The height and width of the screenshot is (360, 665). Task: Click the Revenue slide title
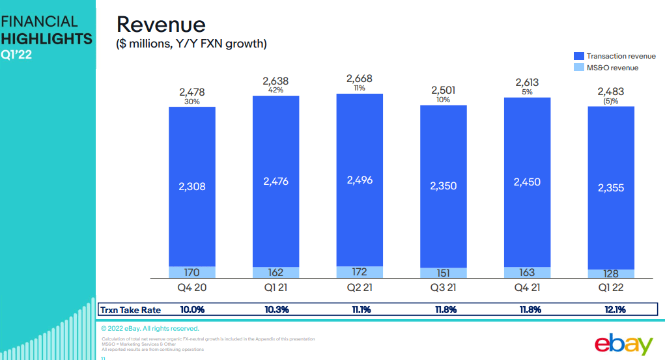click(x=160, y=25)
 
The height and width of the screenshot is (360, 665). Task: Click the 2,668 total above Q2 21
click(x=360, y=79)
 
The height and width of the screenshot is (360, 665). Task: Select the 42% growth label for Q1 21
click(x=276, y=90)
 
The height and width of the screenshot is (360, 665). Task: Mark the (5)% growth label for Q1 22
click(x=611, y=101)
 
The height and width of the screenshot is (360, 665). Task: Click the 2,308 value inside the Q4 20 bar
click(x=191, y=187)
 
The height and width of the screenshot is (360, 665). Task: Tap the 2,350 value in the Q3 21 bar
click(x=443, y=186)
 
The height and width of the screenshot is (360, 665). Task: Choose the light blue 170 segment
click(x=191, y=272)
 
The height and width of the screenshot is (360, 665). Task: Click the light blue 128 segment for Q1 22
click(x=610, y=274)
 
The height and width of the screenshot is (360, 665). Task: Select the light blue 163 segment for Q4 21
click(x=527, y=273)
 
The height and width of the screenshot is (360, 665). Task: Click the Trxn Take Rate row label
click(x=130, y=310)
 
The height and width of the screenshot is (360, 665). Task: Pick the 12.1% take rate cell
click(x=610, y=310)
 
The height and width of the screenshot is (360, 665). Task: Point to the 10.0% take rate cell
click(x=191, y=310)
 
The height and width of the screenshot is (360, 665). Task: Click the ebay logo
click(x=623, y=344)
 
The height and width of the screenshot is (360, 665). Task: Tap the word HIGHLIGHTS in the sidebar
click(x=46, y=38)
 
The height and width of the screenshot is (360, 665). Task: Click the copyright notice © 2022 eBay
click(x=150, y=328)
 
